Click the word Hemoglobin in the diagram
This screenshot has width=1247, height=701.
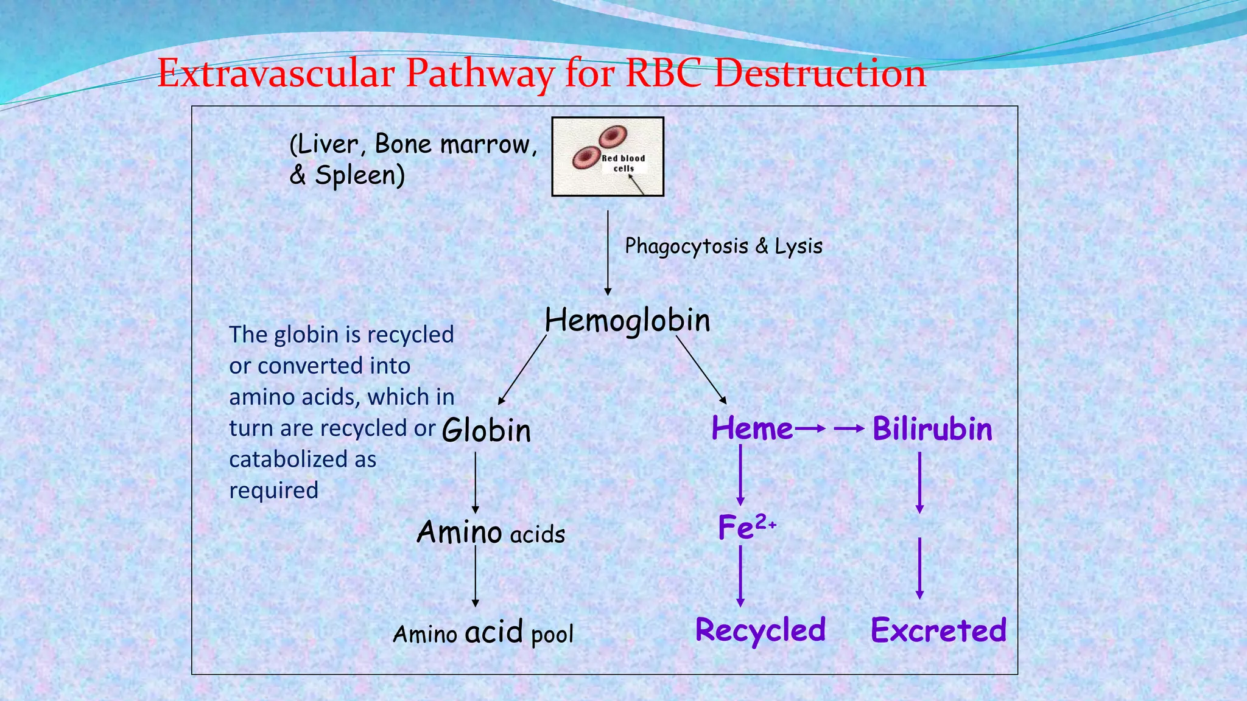tap(627, 320)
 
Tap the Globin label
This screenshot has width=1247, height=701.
tap(487, 430)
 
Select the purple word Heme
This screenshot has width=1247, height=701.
tap(752, 428)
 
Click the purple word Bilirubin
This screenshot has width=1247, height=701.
tap(932, 429)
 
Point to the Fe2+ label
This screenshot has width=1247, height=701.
tap(746, 527)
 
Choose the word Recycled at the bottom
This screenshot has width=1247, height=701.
tap(760, 630)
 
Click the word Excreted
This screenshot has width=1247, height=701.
tap(938, 630)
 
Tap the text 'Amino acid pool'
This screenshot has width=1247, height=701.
tap(483, 633)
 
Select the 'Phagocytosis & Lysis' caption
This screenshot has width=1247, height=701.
tap(723, 246)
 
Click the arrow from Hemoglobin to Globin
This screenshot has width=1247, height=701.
tap(522, 370)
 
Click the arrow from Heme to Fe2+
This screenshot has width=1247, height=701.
tap(740, 475)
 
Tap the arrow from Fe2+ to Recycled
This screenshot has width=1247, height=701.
tap(740, 576)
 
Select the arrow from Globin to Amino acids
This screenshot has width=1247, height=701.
tap(476, 483)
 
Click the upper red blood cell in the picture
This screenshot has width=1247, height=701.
tap(613, 137)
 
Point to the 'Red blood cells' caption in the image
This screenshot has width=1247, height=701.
tap(623, 163)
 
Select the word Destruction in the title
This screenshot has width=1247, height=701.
tap(820, 74)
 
